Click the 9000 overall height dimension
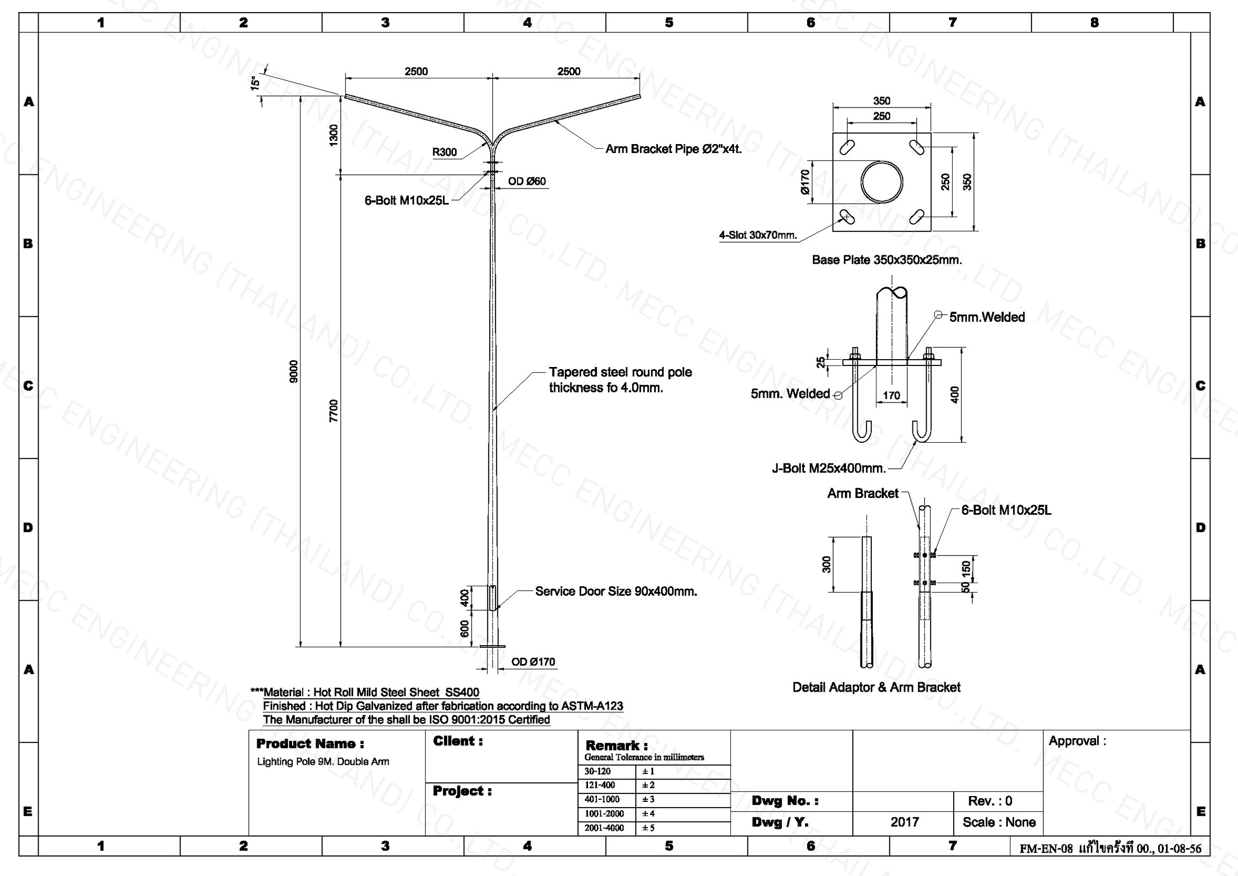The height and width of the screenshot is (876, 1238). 294,371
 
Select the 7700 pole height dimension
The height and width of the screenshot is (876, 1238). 334,410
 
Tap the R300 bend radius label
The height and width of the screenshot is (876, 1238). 444,153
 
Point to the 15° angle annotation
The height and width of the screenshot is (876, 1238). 255,83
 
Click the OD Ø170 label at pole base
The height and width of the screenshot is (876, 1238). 533,662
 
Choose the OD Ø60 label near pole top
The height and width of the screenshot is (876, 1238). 526,181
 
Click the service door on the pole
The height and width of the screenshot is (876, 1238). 492,597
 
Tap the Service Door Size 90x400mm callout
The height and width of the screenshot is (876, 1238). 616,591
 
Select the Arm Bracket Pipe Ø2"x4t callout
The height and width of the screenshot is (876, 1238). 673,149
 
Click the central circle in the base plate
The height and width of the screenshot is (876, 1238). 882,182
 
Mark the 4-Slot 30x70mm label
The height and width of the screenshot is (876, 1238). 757,235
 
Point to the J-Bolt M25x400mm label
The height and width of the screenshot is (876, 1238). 829,468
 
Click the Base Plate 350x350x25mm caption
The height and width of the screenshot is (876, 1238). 887,260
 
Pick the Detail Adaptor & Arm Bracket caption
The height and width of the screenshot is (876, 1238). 876,687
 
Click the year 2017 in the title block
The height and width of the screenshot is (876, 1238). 904,822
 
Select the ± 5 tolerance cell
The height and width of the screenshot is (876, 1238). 648,828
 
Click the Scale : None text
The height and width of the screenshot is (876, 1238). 999,822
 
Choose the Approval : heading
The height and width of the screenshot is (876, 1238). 1077,741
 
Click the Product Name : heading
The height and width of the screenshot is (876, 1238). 310,744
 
